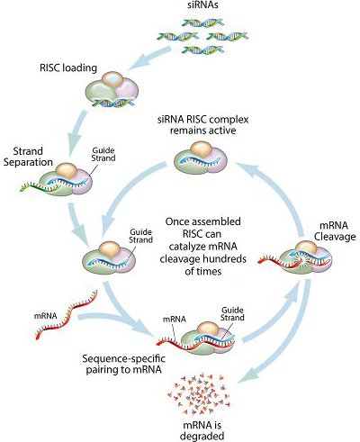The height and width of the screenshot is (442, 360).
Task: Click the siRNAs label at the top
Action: pyautogui.click(x=202, y=5)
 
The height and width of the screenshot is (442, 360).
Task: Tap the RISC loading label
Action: pyautogui.click(x=68, y=68)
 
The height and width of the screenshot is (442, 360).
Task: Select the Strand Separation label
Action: pyautogui.click(x=29, y=157)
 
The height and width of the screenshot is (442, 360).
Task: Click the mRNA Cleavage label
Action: pyautogui.click(x=335, y=231)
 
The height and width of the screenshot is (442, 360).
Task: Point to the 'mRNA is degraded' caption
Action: pyautogui.click(x=202, y=430)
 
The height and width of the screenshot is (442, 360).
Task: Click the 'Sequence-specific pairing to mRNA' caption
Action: pyautogui.click(x=123, y=364)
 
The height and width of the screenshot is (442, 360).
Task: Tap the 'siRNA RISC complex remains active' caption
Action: pyautogui.click(x=202, y=125)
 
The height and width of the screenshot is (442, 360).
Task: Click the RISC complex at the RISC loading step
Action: pyautogui.click(x=112, y=90)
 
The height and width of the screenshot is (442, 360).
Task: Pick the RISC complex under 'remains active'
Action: pyautogui.click(x=201, y=158)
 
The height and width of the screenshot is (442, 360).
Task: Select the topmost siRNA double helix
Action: pyautogui.click(x=203, y=23)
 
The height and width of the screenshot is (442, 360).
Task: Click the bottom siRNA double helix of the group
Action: pyautogui.click(x=203, y=50)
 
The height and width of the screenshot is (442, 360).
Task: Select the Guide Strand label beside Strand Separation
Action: pyautogui.click(x=103, y=154)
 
